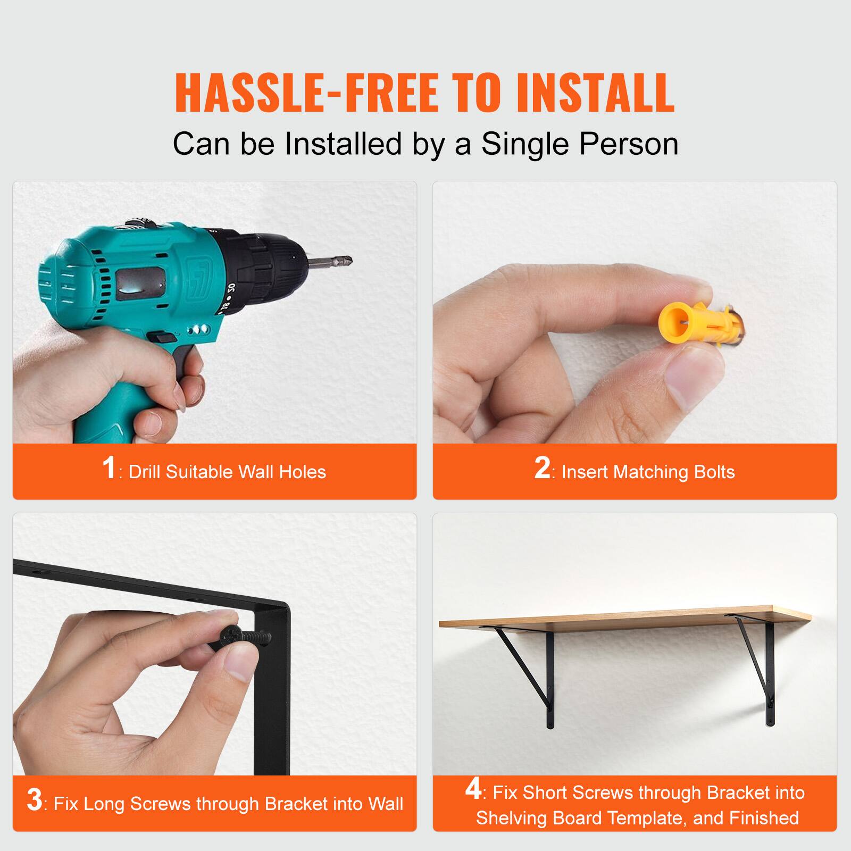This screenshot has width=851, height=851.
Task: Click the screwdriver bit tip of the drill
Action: tap(340, 261)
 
